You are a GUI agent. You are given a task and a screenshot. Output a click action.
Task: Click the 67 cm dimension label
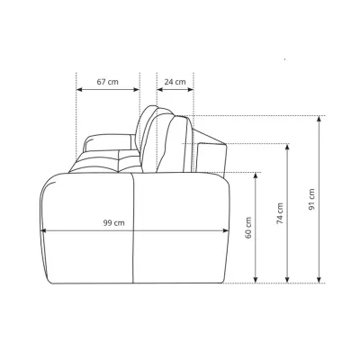click(107, 82)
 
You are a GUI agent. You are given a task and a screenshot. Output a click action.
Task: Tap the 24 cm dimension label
click(175, 82)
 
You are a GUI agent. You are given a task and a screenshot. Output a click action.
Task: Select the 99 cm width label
click(113, 223)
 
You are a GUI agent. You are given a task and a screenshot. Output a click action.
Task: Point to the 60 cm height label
click(248, 228)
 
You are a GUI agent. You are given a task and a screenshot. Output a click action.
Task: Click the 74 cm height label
click(280, 213)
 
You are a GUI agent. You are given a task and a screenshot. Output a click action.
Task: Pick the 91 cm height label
click(311, 199)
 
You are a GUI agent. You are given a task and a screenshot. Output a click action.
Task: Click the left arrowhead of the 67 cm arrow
click(79, 89)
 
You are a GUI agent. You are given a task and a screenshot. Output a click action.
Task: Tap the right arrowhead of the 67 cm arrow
click(137, 89)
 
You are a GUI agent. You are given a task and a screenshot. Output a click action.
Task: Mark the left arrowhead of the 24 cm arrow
click(159, 89)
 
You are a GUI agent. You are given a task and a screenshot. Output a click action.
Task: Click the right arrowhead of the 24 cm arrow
click(191, 89)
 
